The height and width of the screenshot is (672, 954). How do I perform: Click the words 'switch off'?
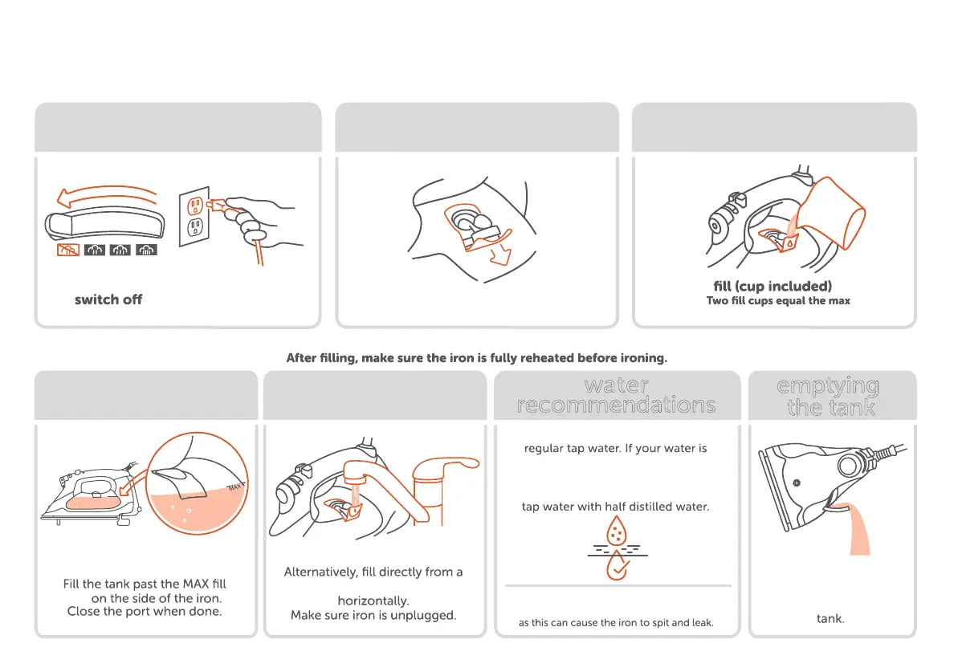pyautogui.click(x=108, y=299)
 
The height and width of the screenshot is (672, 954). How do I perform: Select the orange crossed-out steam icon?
pyautogui.click(x=67, y=250)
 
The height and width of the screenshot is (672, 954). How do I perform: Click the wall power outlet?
pyautogui.click(x=194, y=217)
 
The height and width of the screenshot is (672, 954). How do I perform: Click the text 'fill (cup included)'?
pyautogui.click(x=773, y=286)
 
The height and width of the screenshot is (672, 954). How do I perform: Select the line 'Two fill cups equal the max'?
pyautogui.click(x=778, y=300)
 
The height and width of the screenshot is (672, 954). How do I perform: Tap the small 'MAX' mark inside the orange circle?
pyautogui.click(x=234, y=487)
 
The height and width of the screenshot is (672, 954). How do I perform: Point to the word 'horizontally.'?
pyautogui.click(x=373, y=601)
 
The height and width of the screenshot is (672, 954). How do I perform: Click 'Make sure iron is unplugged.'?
pyautogui.click(x=373, y=616)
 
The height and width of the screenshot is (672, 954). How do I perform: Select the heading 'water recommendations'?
pyautogui.click(x=617, y=395)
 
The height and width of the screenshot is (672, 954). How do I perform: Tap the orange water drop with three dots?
pyautogui.click(x=617, y=531)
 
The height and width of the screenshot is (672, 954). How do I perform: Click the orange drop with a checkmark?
pyautogui.click(x=617, y=565)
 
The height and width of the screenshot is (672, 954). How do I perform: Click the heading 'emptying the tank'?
pyautogui.click(x=830, y=397)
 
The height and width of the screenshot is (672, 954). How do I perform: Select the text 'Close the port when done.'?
pyautogui.click(x=145, y=611)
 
